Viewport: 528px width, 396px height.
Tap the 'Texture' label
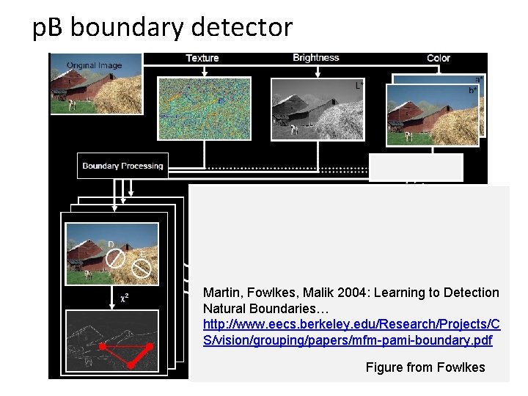pyautogui.click(x=202, y=58)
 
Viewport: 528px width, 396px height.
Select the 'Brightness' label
pyautogui.click(x=315, y=57)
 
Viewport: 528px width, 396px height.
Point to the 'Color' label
pyautogui.click(x=439, y=58)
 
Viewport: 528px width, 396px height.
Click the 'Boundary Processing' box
pyautogui.click(x=122, y=166)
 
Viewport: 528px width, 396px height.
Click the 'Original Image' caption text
pyautogui.click(x=94, y=65)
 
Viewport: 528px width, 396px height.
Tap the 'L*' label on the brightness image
pyautogui.click(x=359, y=86)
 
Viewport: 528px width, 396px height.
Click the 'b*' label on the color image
pyautogui.click(x=472, y=90)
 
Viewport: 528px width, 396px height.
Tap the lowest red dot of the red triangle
pyautogui.click(x=131, y=364)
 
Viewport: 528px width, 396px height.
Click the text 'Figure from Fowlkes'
pyautogui.click(x=425, y=367)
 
